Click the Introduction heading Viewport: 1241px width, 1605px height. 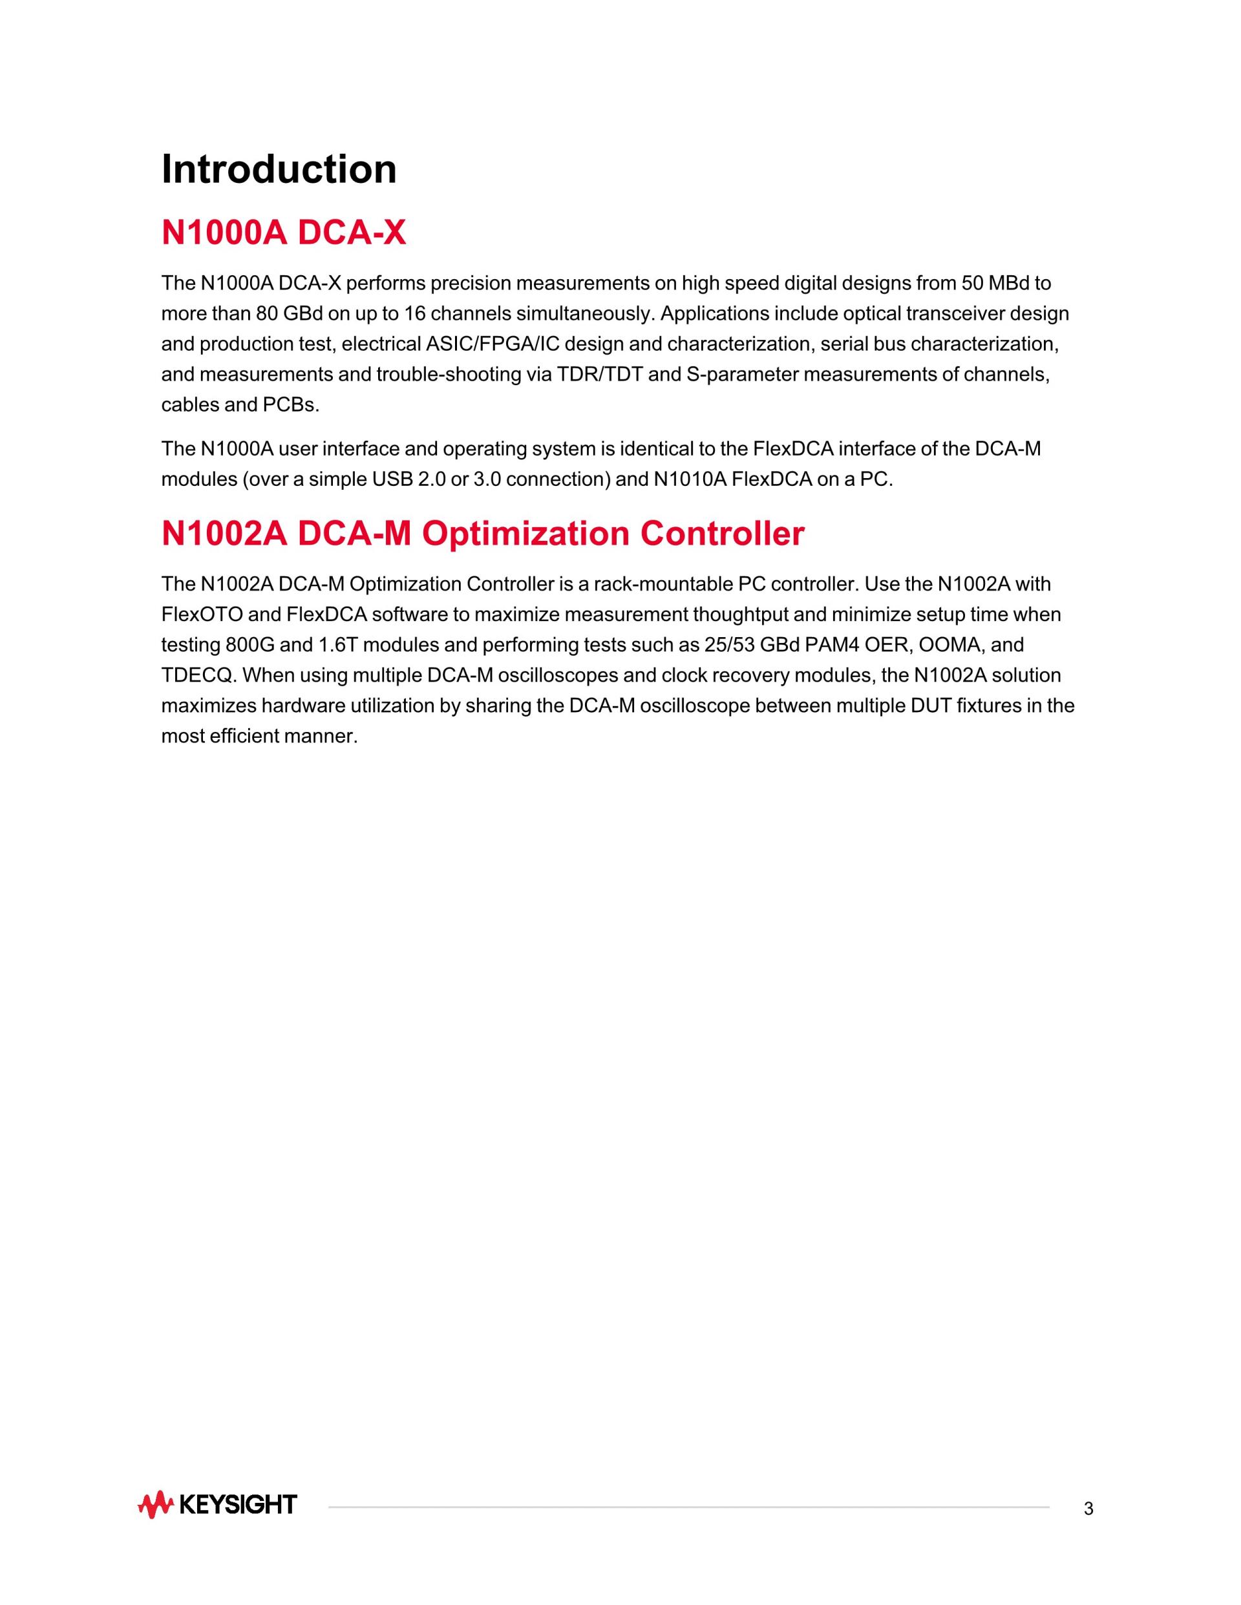point(279,169)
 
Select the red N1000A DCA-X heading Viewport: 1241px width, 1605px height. point(283,233)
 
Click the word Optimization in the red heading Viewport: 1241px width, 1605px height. point(525,534)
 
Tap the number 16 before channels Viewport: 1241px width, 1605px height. point(416,314)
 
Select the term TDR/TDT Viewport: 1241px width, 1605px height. point(599,375)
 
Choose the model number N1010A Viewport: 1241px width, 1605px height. point(690,479)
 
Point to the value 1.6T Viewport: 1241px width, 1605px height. point(335,645)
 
